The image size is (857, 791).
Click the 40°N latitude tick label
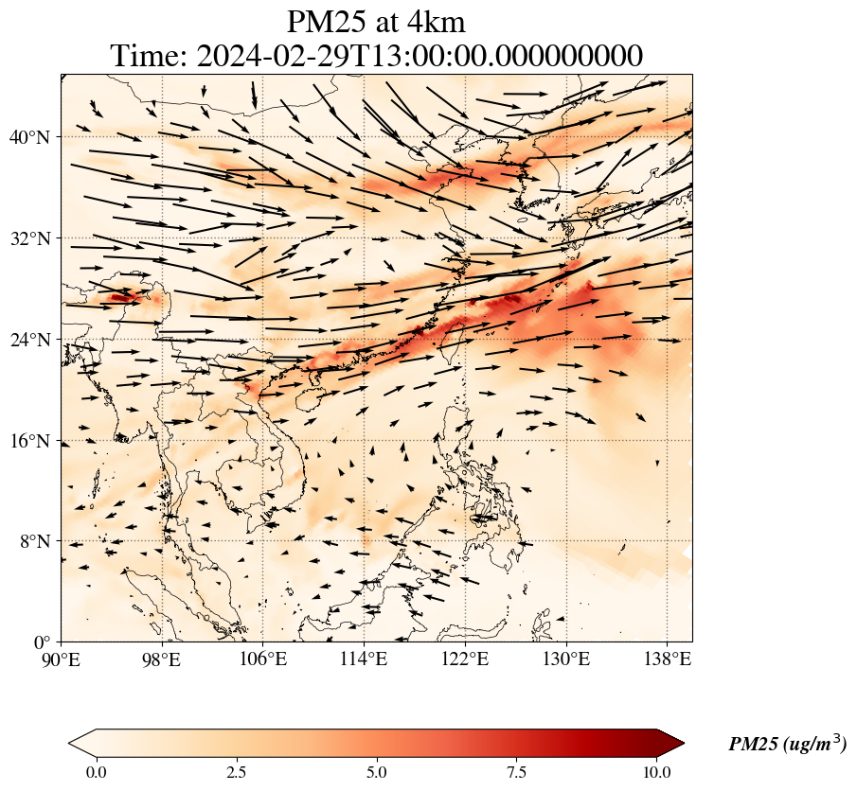click(x=29, y=137)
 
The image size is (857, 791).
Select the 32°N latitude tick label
click(x=29, y=238)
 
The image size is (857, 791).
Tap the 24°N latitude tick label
click(x=29, y=340)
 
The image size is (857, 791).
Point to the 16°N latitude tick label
click(x=29, y=441)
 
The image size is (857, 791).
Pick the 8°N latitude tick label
click(x=35, y=542)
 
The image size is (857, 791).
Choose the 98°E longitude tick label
click(x=161, y=659)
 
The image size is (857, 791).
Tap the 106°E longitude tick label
click(x=263, y=659)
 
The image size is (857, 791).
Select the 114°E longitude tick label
click(x=364, y=659)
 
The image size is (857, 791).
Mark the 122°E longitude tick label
click(x=465, y=659)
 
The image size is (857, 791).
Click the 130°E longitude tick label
click(x=566, y=659)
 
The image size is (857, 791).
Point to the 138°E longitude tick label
click(x=668, y=659)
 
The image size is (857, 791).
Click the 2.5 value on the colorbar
click(x=237, y=772)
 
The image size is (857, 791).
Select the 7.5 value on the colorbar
click(x=516, y=772)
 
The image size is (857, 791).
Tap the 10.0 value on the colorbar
click(x=656, y=772)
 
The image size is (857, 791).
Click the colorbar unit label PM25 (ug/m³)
click(x=788, y=743)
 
